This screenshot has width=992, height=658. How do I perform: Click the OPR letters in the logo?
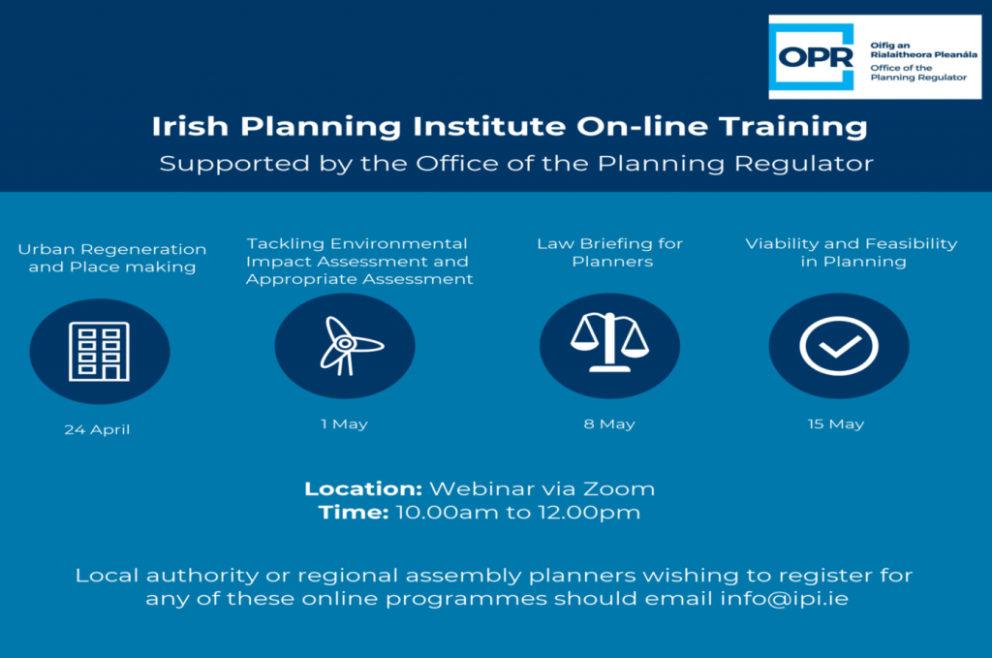click(816, 57)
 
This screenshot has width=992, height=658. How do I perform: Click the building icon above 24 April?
click(100, 352)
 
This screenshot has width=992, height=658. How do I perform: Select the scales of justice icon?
click(609, 342)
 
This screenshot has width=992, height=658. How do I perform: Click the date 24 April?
click(97, 429)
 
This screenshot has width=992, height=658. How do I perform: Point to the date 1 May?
click(344, 423)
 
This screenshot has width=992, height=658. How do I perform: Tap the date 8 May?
click(609, 423)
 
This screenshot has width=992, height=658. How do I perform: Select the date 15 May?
click(836, 423)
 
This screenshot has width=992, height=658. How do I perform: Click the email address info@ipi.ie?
click(784, 599)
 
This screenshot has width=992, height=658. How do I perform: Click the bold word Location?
click(363, 488)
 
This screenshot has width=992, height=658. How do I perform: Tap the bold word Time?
click(353, 512)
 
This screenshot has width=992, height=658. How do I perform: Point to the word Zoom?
click(619, 488)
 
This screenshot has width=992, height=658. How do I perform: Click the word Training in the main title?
click(793, 127)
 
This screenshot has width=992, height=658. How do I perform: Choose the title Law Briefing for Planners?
click(610, 253)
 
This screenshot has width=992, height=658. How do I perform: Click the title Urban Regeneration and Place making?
click(112, 258)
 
